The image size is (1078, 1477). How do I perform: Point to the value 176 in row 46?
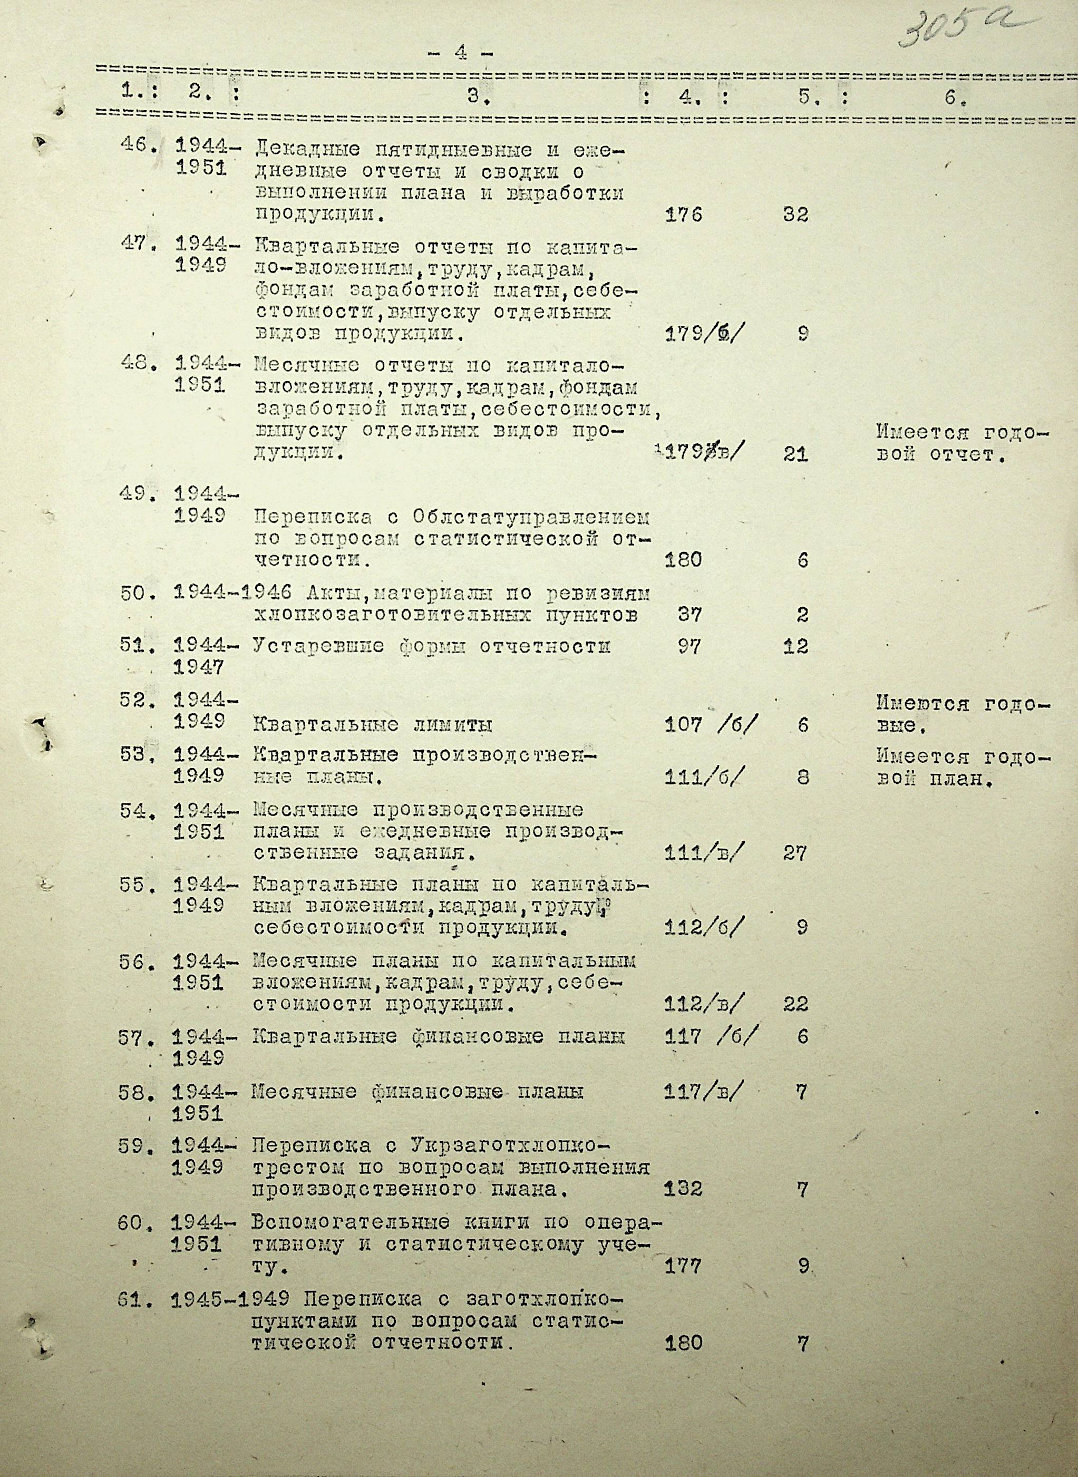683,215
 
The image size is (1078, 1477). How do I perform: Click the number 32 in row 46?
795,215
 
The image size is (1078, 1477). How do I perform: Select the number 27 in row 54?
795,853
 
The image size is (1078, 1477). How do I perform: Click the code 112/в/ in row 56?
703,1004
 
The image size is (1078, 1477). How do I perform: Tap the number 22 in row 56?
795,1004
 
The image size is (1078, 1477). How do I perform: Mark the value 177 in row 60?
683,1267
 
